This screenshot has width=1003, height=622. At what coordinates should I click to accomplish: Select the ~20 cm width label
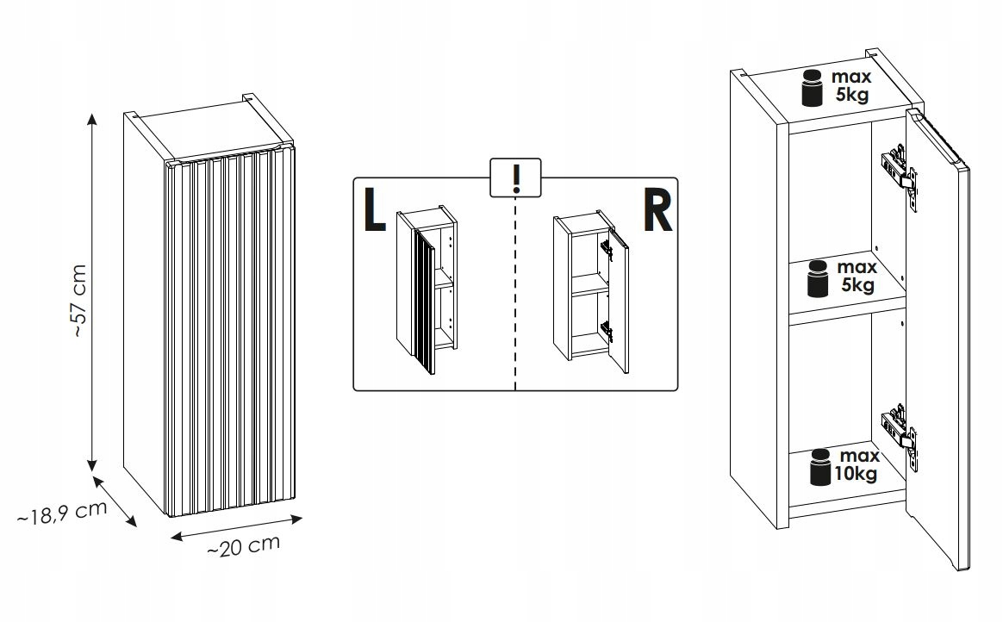(x=244, y=547)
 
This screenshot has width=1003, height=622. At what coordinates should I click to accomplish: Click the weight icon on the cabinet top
(x=813, y=88)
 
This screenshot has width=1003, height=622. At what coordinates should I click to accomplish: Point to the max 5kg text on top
(x=851, y=86)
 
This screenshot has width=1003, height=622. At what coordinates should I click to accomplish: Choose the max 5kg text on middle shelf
(x=857, y=276)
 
